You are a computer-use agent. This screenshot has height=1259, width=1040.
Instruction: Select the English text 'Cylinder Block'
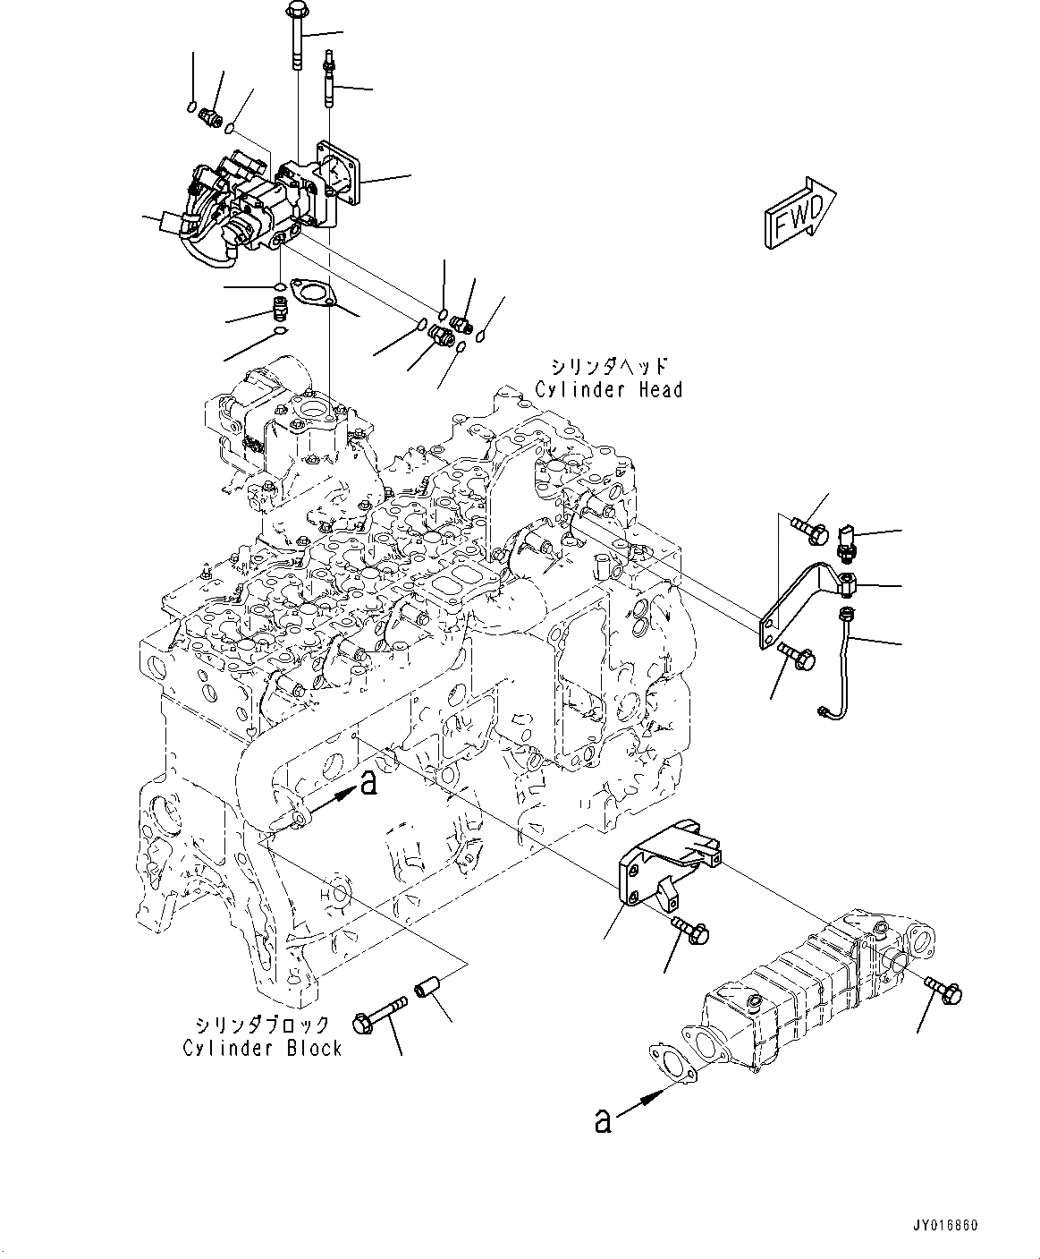point(262,1048)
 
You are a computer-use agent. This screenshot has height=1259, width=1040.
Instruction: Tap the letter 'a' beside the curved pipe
point(367,785)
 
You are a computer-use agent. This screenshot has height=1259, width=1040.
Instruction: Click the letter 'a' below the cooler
point(604,1119)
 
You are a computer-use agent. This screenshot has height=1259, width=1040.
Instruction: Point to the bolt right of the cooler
point(944,990)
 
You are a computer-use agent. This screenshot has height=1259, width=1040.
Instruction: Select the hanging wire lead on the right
point(843,662)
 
